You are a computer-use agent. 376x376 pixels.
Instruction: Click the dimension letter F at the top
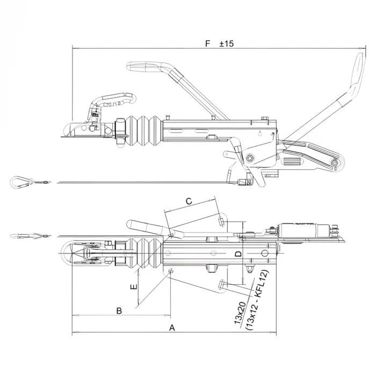[207, 43]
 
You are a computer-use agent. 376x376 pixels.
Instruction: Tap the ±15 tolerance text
[227, 43]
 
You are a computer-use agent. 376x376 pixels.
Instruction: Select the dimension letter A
[172, 327]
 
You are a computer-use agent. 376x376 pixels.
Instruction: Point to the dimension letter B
[119, 310]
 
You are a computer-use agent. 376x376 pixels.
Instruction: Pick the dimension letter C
[189, 201]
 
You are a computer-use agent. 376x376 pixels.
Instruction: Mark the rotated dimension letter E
[134, 286]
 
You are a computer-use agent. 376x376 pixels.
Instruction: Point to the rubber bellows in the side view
[143, 130]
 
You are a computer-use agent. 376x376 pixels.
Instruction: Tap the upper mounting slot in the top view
[222, 220]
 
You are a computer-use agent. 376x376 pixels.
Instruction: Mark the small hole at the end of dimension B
[170, 271]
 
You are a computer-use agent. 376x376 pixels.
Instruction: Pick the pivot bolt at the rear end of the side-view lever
[335, 163]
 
